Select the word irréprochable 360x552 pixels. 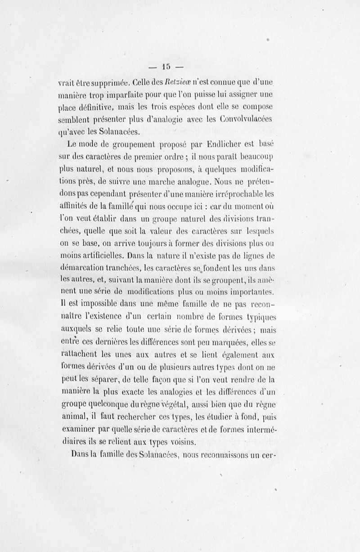click(236, 195)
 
